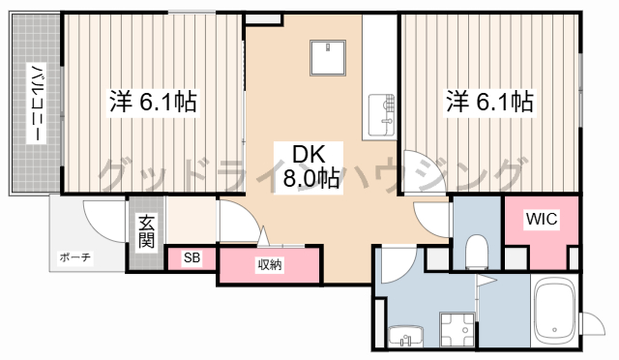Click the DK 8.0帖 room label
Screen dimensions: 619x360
(309, 167)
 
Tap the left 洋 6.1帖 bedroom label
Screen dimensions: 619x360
(153, 102)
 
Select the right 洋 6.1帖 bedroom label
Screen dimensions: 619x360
(490, 102)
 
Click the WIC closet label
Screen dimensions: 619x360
(542, 219)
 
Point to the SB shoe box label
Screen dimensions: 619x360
(192, 257)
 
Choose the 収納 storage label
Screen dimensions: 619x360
(270, 264)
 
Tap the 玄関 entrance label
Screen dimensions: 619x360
(146, 231)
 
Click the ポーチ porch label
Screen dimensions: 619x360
(75, 257)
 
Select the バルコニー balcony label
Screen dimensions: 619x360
(37, 104)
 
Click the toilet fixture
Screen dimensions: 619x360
(477, 252)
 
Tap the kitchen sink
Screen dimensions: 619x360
(381, 115)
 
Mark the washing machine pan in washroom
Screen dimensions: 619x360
(457, 330)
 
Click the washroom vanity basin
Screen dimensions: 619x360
(405, 337)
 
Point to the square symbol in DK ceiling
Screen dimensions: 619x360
(328, 58)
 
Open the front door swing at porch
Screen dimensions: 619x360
(103, 220)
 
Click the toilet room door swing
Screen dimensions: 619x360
(431, 220)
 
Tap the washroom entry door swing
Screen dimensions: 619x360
(398, 265)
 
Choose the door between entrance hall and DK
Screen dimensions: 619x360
(239, 222)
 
